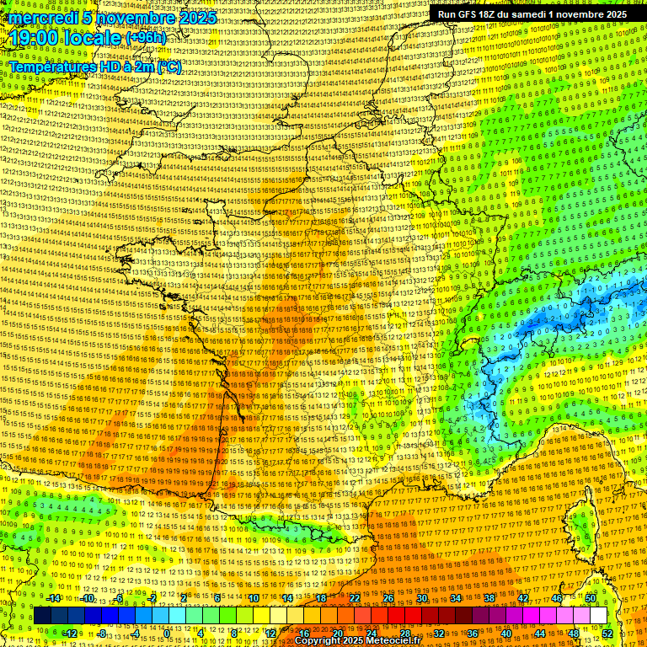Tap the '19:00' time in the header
(x=35, y=39)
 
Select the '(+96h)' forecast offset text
(x=146, y=38)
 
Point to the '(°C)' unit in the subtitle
(x=167, y=67)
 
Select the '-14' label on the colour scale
(x=54, y=598)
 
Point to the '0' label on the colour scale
(x=168, y=633)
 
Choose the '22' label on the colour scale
(x=355, y=598)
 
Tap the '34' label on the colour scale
(x=456, y=598)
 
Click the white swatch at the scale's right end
(x=598, y=616)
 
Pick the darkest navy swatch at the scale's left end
(x=42, y=616)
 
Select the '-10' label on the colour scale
(x=87, y=598)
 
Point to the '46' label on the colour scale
(x=557, y=598)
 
